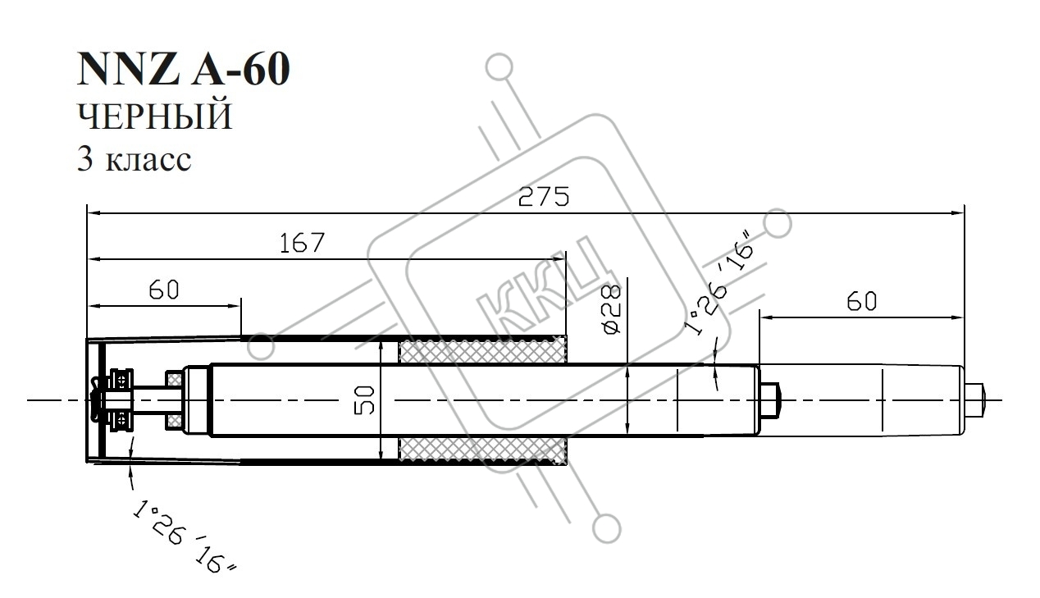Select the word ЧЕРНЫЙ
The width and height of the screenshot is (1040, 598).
(154, 117)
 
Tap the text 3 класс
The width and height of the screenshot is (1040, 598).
(135, 158)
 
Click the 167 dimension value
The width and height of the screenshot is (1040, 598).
(301, 243)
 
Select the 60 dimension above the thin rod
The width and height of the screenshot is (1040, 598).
(860, 301)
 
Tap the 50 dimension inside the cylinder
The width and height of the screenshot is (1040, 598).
(366, 400)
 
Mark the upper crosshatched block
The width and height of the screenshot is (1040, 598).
(482, 351)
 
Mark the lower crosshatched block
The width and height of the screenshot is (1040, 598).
(482, 451)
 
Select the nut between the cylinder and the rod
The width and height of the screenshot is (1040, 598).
(771, 400)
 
